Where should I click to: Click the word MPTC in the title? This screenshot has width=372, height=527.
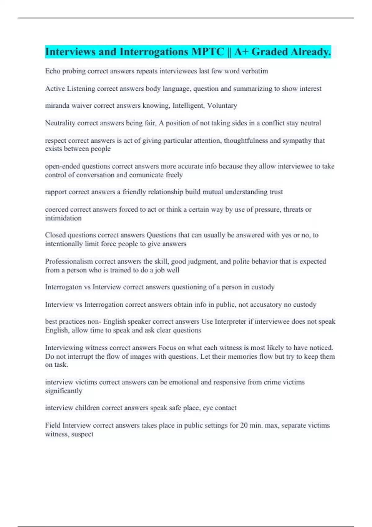pyautogui.click(x=207, y=52)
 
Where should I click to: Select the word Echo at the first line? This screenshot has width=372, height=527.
pyautogui.click(x=52, y=71)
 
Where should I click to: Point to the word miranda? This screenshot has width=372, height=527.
pyautogui.click(x=57, y=105)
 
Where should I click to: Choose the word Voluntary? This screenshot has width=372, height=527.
pyautogui.click(x=222, y=105)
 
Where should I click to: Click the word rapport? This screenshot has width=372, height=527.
pyautogui.click(x=55, y=192)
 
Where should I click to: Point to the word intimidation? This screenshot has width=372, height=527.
pyautogui.click(x=63, y=218)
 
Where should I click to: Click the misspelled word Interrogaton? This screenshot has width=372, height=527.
pyautogui.click(x=63, y=287)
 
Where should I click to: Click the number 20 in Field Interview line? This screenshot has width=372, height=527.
pyautogui.click(x=244, y=425)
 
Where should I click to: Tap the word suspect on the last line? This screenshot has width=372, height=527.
pyautogui.click(x=82, y=434)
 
